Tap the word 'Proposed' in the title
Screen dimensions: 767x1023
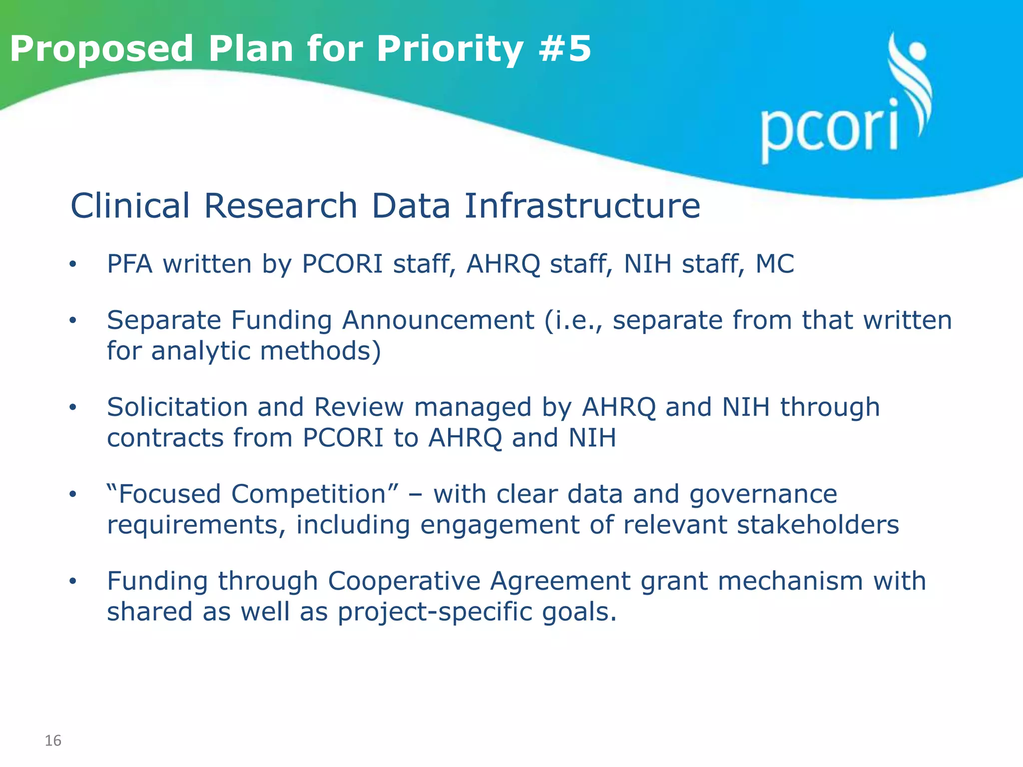101,49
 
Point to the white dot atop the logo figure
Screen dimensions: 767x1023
917,51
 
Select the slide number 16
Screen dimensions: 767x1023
53,741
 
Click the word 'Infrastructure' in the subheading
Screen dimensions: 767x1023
582,206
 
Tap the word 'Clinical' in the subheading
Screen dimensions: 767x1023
130,206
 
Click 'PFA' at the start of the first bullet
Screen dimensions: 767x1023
129,264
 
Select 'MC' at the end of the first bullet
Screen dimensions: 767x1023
774,264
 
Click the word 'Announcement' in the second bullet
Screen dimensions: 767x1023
438,320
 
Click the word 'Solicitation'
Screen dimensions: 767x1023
177,407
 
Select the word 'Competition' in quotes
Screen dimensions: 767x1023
308,494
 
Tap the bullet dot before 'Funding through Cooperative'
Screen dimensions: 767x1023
73,582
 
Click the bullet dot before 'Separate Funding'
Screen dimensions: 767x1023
73,321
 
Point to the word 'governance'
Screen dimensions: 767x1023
763,494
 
